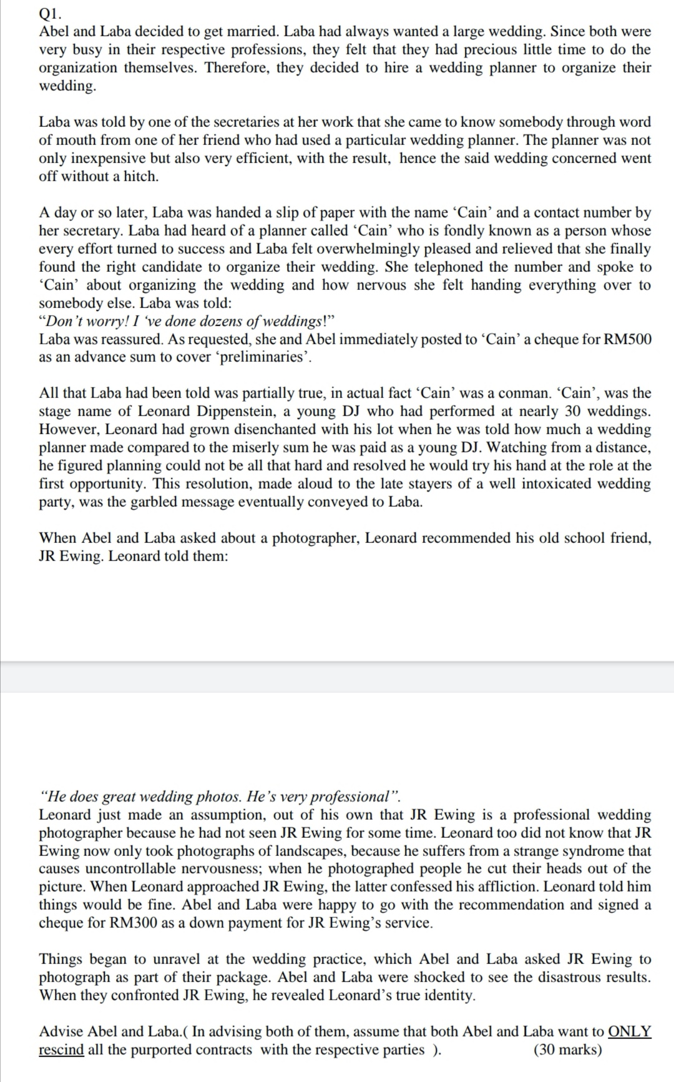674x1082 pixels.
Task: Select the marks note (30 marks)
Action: (x=568, y=1049)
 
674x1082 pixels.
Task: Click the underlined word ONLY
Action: (x=629, y=1031)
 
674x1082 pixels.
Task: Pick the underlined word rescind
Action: (x=61, y=1049)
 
